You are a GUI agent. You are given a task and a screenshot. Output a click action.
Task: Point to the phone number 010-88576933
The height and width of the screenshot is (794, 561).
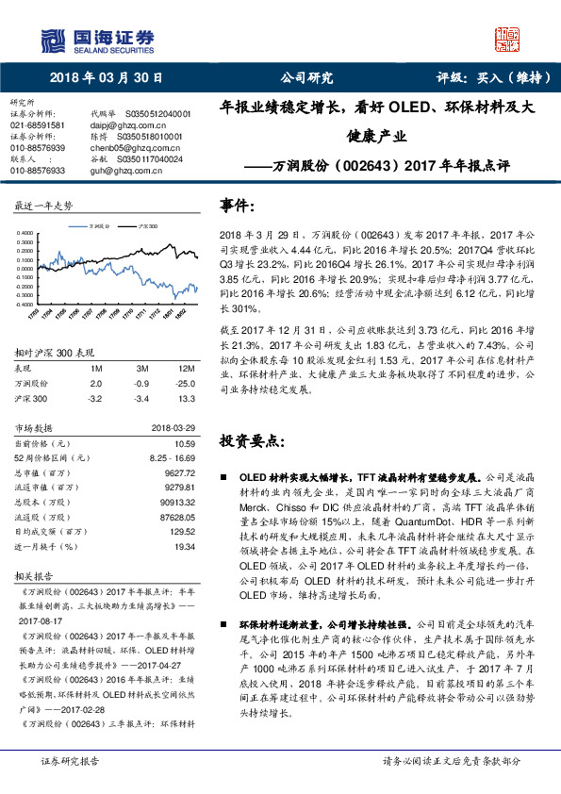(x=38, y=171)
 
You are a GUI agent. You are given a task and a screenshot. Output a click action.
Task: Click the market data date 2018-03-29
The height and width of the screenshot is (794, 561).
(x=173, y=429)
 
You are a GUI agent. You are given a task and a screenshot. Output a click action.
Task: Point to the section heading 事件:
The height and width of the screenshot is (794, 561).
(x=238, y=205)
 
